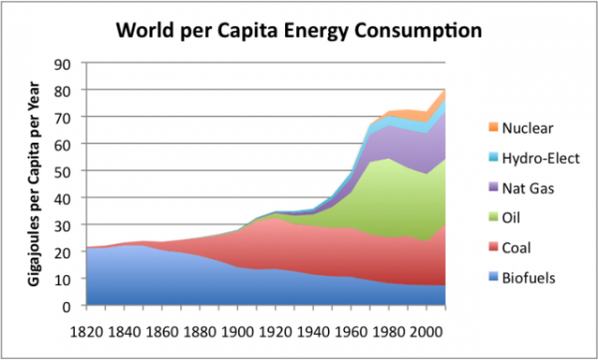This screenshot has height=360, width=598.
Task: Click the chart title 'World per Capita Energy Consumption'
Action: pos(299,29)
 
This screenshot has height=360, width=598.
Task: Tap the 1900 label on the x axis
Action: pos(235,327)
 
